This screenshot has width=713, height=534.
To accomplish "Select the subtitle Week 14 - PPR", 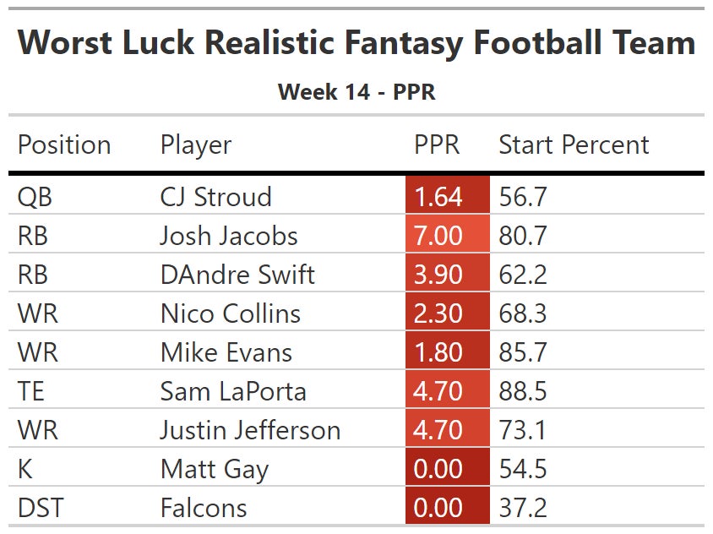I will click(356, 91).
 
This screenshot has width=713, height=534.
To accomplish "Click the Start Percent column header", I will click(574, 144).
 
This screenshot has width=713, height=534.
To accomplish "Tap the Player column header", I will click(196, 144).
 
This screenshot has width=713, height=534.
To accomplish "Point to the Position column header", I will click(64, 144).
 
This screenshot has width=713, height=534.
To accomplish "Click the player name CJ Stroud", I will click(215, 197).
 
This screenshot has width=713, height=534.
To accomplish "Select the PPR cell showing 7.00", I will click(438, 235).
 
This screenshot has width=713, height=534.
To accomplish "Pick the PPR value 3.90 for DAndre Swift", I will click(438, 274).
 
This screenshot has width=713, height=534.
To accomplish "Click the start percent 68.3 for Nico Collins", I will click(523, 313).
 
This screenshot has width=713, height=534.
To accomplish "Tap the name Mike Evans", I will click(226, 352).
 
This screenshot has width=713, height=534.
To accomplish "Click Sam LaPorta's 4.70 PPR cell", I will click(438, 391).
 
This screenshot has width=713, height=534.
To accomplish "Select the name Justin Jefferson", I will click(250, 430).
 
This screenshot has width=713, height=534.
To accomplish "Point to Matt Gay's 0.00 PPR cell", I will click(438, 469).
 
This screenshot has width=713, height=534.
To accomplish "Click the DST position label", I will click(41, 508).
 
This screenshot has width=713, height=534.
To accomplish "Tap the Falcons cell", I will click(204, 508).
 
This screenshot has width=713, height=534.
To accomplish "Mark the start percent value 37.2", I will click(523, 508).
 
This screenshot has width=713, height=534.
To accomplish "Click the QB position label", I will click(35, 197).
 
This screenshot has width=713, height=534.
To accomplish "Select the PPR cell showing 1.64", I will click(438, 197).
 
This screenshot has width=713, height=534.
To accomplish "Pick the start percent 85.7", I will click(523, 352).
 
